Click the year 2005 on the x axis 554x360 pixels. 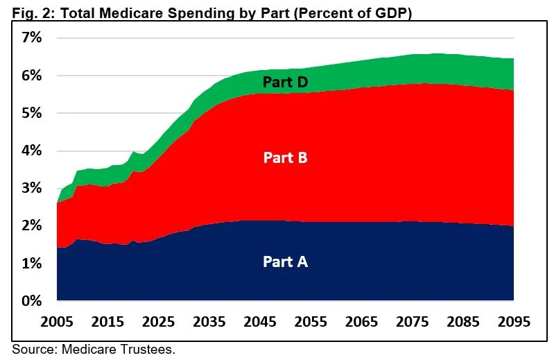[x=57, y=323]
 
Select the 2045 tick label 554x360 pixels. [x=260, y=323]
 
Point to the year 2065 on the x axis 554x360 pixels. [x=361, y=323]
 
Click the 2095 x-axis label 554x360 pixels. [x=514, y=323]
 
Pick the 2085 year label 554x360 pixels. [x=463, y=323]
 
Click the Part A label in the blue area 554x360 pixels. [x=285, y=262]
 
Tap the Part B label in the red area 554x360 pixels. [x=285, y=157]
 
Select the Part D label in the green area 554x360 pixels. [x=285, y=82]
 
